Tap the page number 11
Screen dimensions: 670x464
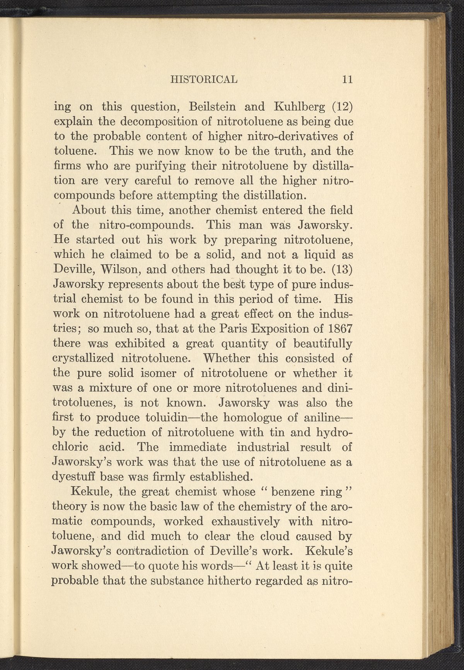(x=347, y=79)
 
